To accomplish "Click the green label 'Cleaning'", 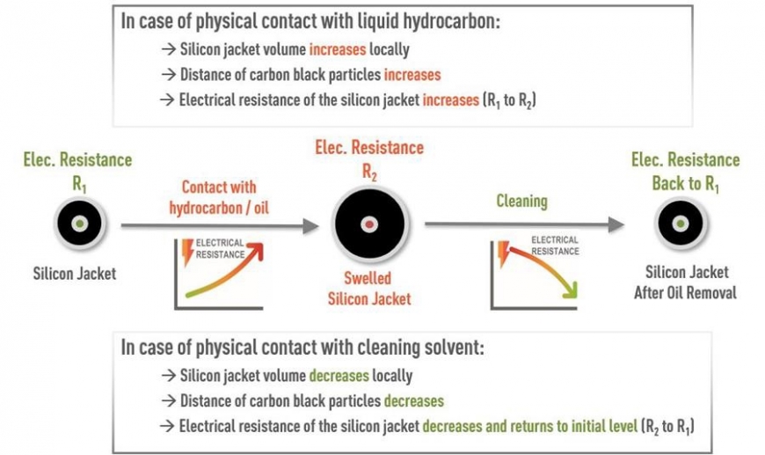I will (x=522, y=202).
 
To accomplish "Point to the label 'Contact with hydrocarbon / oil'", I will (x=218, y=196).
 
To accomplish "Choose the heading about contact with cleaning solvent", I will (x=302, y=346).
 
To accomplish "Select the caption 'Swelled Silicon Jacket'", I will (x=369, y=290).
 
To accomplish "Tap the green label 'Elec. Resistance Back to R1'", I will (x=685, y=171).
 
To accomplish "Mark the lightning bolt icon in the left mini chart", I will (x=186, y=248).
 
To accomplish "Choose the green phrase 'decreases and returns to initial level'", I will (x=528, y=427).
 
